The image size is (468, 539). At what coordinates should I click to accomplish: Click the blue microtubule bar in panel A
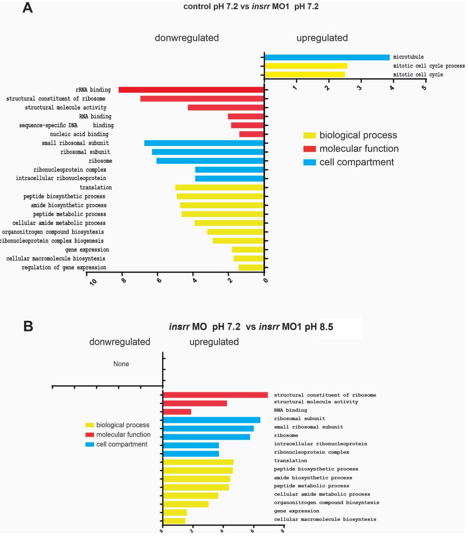(x=327, y=57)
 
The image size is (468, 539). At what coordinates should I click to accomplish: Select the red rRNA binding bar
(x=191, y=90)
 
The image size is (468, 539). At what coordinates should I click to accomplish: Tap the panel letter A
(x=27, y=8)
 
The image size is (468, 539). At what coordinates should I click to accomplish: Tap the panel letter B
(x=28, y=326)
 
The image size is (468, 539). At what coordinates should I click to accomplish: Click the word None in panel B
(x=121, y=364)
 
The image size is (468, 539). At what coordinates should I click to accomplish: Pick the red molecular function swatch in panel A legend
(x=310, y=149)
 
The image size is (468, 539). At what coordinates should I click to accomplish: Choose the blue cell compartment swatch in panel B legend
(x=90, y=444)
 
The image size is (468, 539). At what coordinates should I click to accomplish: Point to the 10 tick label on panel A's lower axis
(x=93, y=282)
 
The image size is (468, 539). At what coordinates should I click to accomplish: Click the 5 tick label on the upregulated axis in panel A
(x=424, y=88)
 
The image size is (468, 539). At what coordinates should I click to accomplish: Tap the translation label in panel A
(x=95, y=188)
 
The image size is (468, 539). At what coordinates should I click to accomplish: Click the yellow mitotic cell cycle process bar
(x=306, y=66)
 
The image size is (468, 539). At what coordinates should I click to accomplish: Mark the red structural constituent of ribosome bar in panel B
(x=215, y=395)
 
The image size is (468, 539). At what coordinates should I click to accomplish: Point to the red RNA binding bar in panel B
(x=177, y=412)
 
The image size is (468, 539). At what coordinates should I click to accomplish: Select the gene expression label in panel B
(x=296, y=511)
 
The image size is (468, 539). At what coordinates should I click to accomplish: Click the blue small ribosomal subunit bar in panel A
(x=204, y=143)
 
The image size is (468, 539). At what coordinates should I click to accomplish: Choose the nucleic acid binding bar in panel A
(x=251, y=134)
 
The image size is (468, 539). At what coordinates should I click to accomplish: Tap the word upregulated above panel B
(x=214, y=342)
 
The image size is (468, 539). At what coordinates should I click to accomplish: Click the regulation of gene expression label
(x=64, y=268)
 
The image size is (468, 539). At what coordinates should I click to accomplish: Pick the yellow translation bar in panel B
(x=198, y=462)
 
